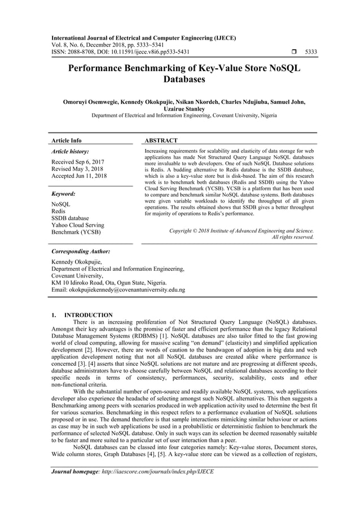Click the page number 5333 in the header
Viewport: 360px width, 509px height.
tap(310, 52)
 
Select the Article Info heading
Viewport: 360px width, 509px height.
tap(67, 140)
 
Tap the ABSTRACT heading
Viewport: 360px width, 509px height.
tap(161, 140)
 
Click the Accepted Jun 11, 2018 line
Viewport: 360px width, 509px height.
tap(79, 176)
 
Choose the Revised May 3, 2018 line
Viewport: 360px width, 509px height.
tap(77, 169)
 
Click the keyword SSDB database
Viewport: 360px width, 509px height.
tap(70, 217)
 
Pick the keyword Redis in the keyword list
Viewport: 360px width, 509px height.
tap(58, 210)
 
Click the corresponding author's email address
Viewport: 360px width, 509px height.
tap(118, 289)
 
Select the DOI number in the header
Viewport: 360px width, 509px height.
tap(140, 52)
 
